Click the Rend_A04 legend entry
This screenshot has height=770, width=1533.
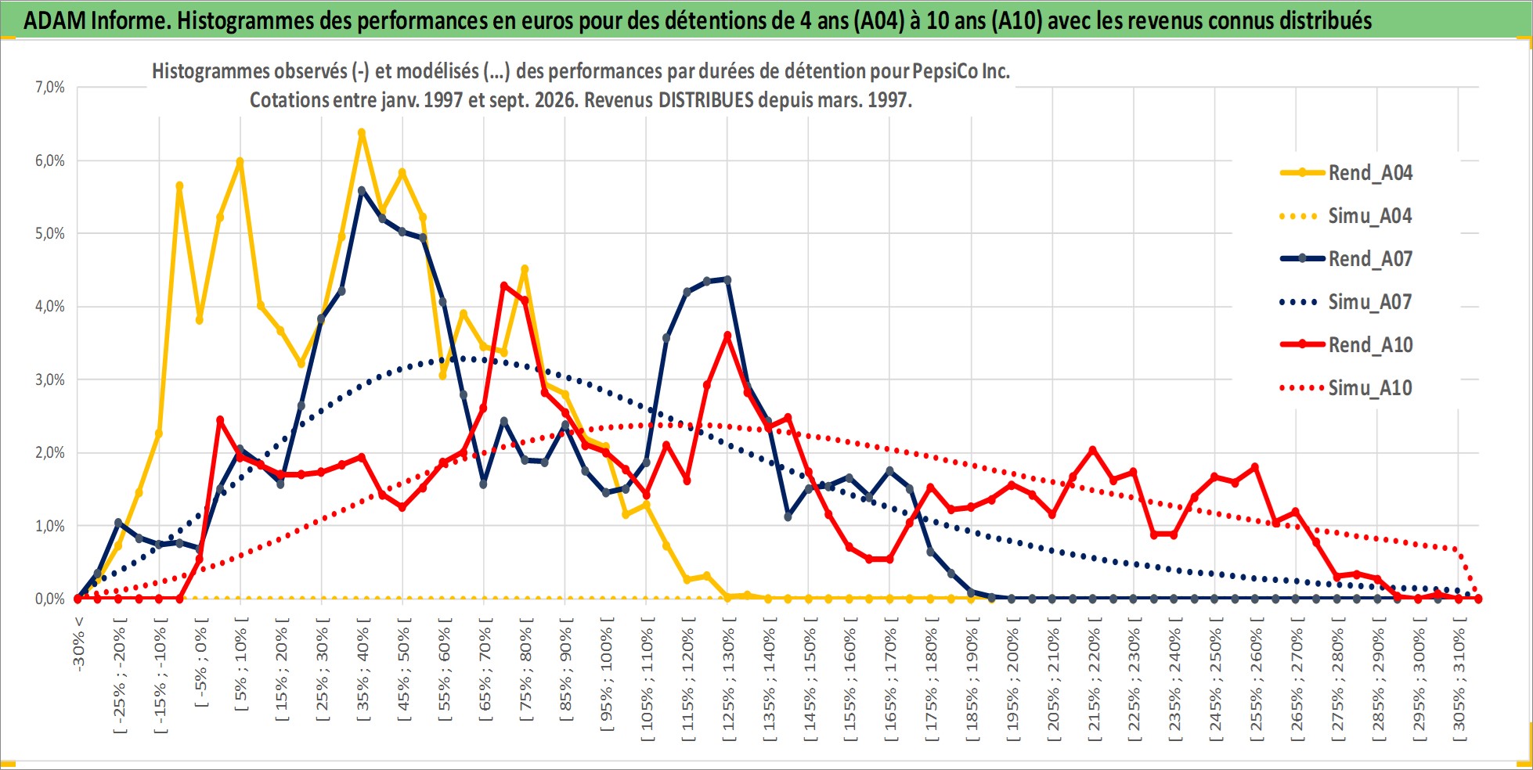coord(1346,173)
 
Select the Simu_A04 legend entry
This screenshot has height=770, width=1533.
coord(1346,216)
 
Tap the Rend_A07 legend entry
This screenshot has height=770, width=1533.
coord(1346,259)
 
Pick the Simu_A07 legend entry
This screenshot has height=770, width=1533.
coord(1346,302)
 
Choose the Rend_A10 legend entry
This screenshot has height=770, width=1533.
coord(1346,345)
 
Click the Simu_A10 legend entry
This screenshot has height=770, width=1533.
coord(1346,388)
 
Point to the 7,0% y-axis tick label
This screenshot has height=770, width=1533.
coord(50,88)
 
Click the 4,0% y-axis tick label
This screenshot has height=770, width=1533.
coord(50,307)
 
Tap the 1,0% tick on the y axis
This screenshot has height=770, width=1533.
coord(50,526)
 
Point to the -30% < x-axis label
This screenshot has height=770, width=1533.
coord(78,643)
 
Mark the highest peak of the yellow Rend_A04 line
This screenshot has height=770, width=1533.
coord(362,133)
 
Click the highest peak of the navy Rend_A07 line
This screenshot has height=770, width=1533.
coord(362,190)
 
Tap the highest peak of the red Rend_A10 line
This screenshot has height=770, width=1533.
coord(504,286)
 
